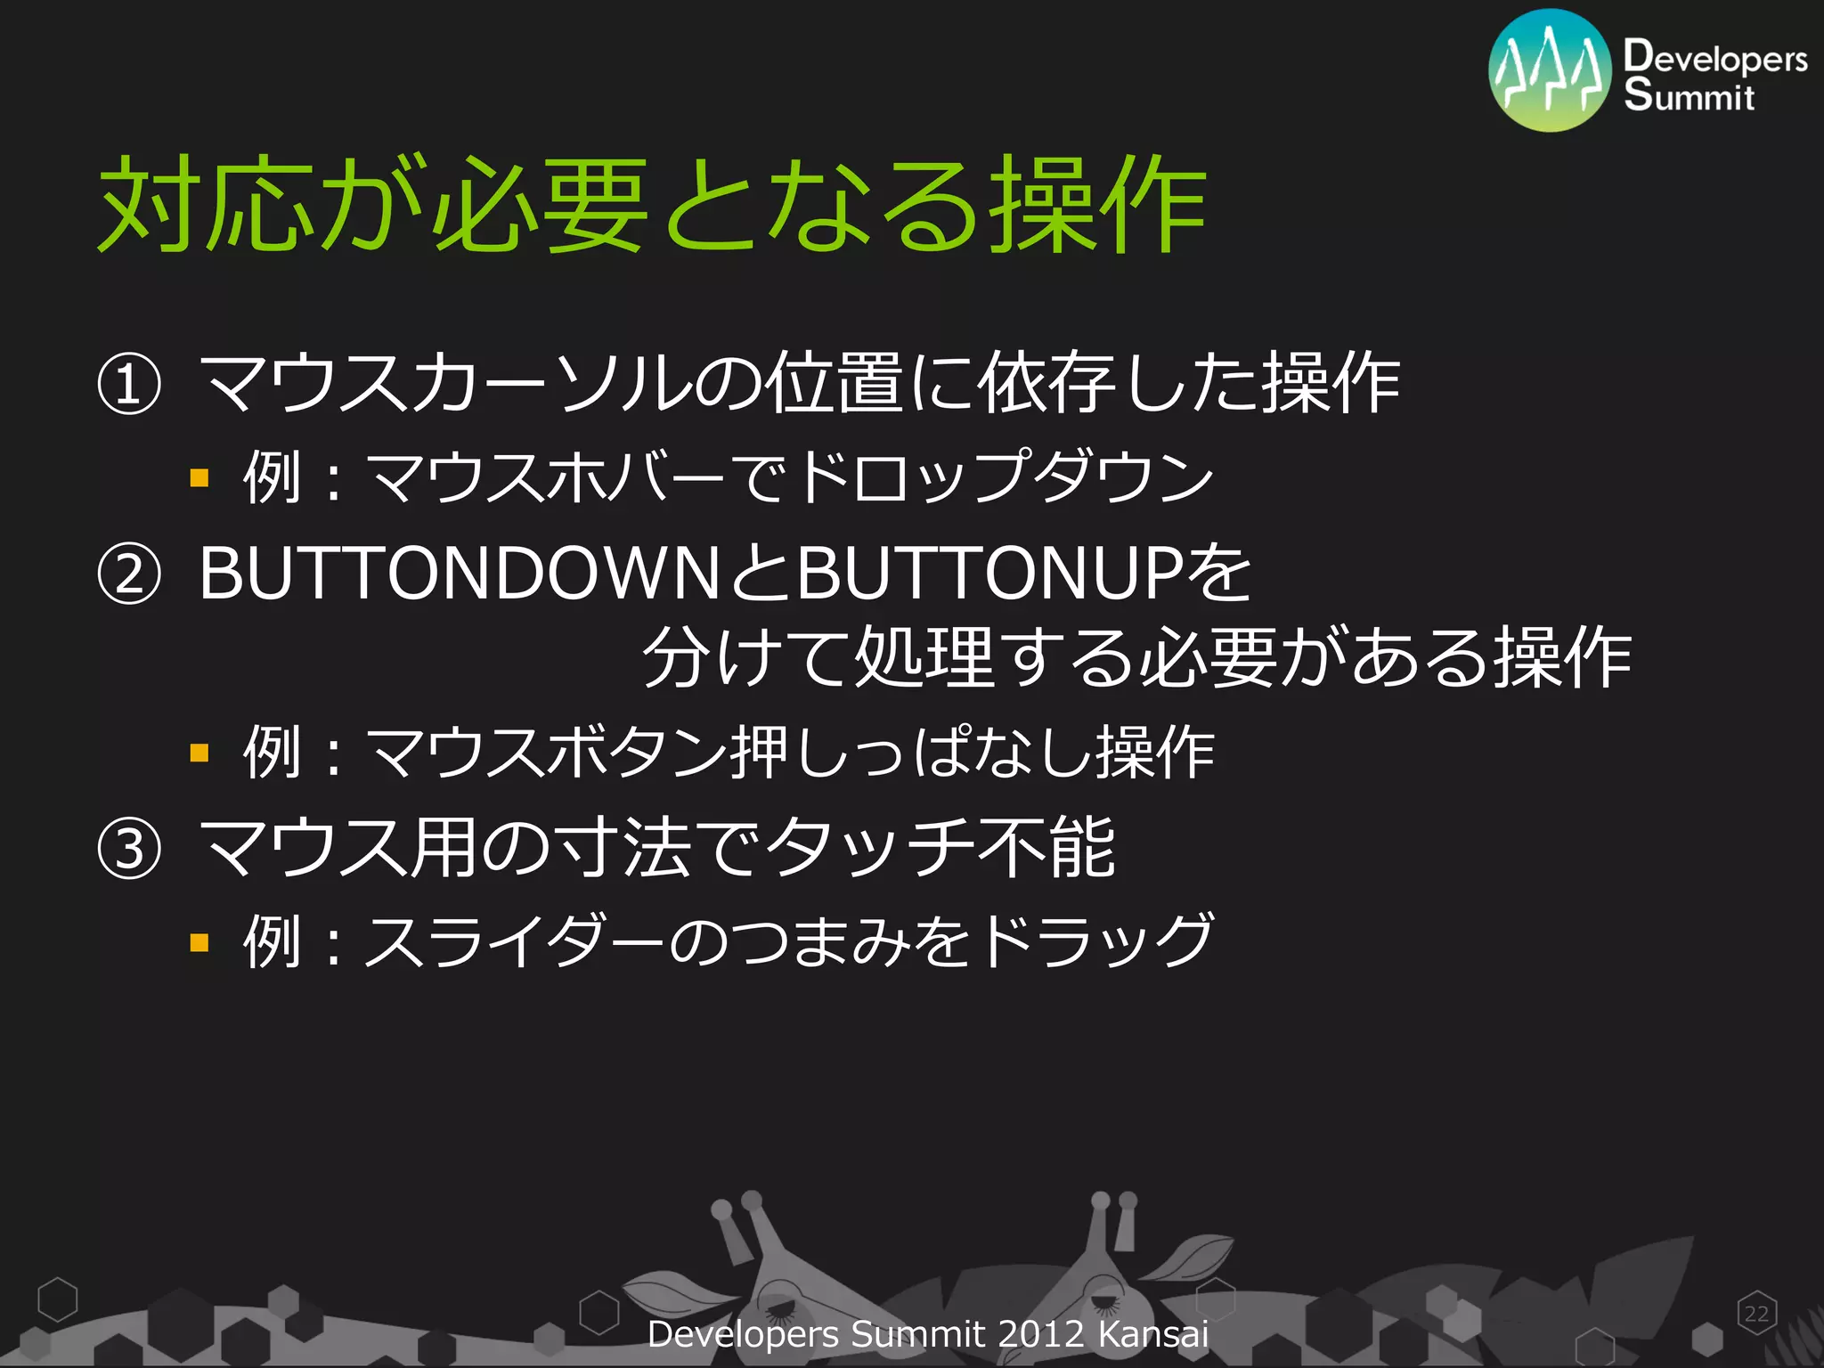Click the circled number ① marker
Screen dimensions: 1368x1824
[129, 386]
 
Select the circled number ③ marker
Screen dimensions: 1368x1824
[129, 850]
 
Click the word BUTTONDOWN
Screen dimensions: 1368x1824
[460, 574]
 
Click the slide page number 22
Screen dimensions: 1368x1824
[1756, 1314]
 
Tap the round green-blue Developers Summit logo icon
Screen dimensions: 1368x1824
[1550, 70]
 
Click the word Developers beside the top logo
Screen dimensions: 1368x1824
[1715, 56]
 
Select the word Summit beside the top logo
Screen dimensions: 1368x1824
[1689, 94]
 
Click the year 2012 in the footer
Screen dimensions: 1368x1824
[1041, 1334]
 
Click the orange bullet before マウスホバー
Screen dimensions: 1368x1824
[199, 478]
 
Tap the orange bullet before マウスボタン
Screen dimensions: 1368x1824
[199, 753]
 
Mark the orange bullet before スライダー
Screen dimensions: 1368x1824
[199, 942]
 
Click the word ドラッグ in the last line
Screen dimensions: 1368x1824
[1095, 940]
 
